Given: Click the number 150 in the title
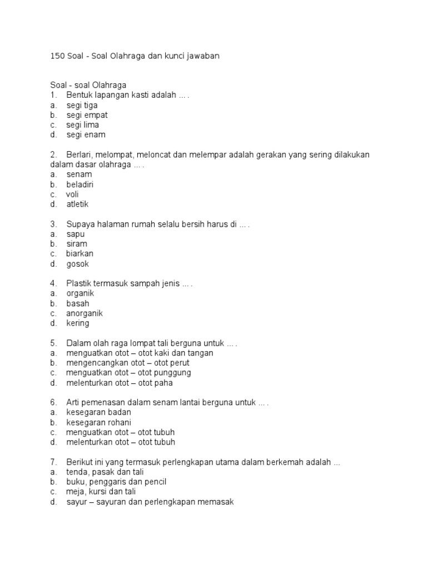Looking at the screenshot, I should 57,56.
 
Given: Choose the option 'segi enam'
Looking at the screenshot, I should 86,134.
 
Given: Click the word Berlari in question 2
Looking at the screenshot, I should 80,154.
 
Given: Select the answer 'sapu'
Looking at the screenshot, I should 76,234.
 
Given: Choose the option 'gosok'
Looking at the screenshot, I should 78,264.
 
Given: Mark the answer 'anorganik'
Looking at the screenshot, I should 85,313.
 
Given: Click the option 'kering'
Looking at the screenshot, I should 78,323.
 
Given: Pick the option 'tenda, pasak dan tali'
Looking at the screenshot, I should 105,472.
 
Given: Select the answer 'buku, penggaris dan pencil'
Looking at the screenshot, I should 116,482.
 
